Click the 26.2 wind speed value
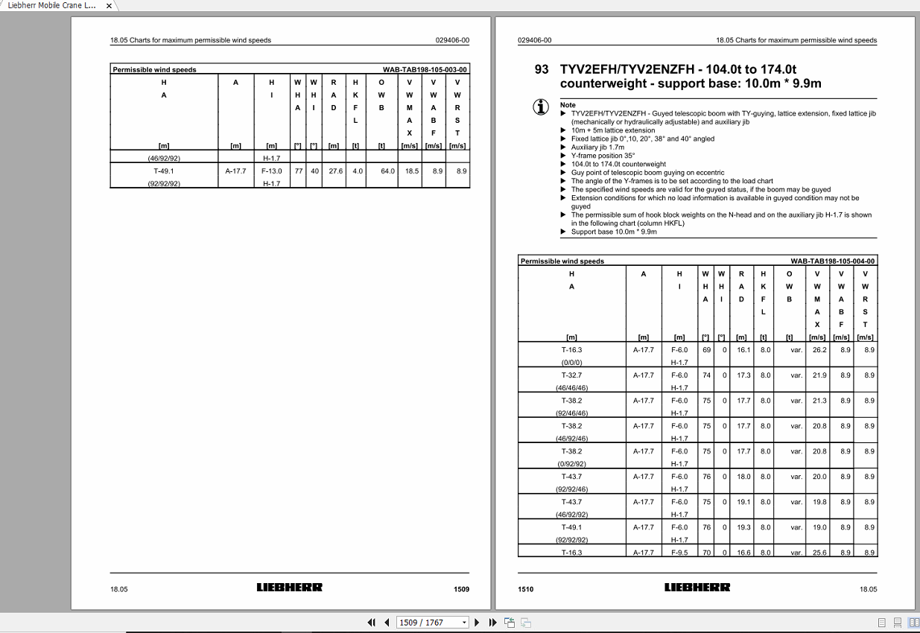tap(819, 349)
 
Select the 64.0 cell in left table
tap(387, 171)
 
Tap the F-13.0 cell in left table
tap(272, 171)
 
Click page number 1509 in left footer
tap(461, 589)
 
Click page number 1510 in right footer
tap(526, 589)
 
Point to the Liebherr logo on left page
tap(290, 588)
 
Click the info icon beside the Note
tap(541, 106)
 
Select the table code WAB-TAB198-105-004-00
tap(833, 261)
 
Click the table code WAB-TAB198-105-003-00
tap(425, 70)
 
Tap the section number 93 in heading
tap(542, 69)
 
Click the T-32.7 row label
tap(571, 375)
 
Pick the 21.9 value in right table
tap(819, 375)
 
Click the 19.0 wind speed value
tap(819, 527)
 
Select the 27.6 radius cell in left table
tap(336, 171)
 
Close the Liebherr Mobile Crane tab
tap(109, 6)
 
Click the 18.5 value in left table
tap(411, 171)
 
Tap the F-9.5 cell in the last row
tap(679, 553)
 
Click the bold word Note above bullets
tap(568, 105)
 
